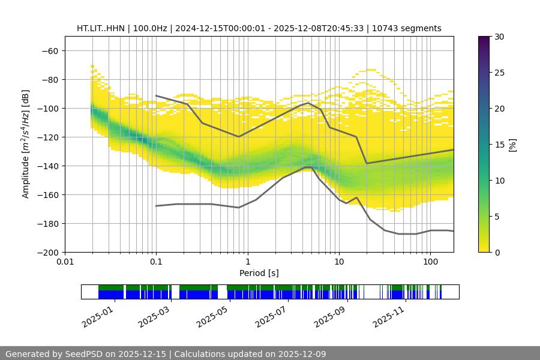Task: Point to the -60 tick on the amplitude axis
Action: pos(50,50)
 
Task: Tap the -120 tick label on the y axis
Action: pos(47,137)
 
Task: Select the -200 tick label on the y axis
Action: pos(47,252)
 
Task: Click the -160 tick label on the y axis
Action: pos(47,194)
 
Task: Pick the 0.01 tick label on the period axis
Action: pos(65,262)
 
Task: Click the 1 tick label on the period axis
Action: pos(248,262)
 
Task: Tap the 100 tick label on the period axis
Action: pos(430,262)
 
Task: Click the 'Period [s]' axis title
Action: pos(259,273)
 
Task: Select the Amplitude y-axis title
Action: pos(26,144)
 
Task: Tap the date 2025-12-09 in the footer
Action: pos(301,354)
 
